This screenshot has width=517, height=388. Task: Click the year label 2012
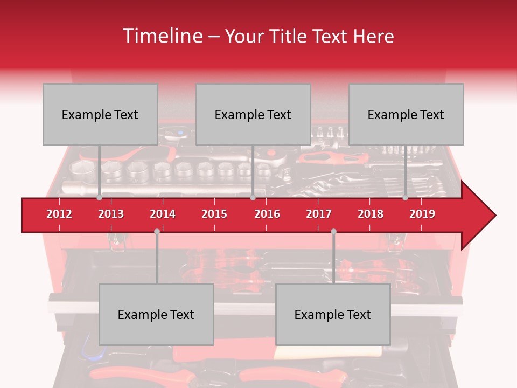(59, 214)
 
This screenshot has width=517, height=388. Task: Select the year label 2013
(111, 214)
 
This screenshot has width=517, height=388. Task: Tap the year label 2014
(163, 214)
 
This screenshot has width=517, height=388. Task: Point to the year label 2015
(214, 214)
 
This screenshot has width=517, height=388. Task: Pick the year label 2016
(267, 214)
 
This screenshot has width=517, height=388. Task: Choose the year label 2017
(319, 214)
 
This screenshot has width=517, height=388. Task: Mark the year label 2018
(371, 214)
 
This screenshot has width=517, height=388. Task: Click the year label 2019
(422, 214)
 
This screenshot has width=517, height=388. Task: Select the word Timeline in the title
(162, 36)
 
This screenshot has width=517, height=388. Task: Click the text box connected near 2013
(100, 114)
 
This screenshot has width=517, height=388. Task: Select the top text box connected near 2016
(253, 114)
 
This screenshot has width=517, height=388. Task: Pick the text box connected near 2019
(406, 114)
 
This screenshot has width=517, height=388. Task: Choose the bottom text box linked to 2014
(156, 314)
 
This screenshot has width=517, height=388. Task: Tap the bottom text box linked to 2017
(333, 314)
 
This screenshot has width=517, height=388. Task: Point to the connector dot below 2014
(157, 231)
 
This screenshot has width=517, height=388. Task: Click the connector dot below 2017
(333, 231)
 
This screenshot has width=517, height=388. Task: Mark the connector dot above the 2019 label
(405, 198)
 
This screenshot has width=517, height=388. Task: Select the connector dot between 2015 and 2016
(253, 198)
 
